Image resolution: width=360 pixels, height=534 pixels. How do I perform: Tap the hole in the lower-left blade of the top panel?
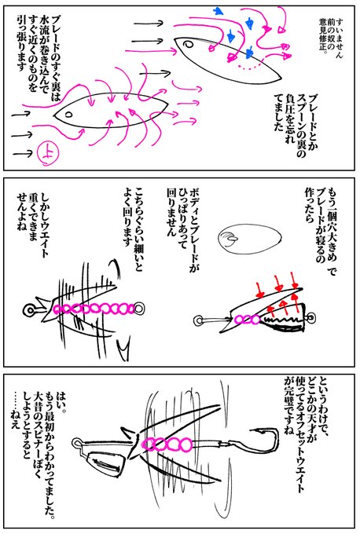click(x=60, y=112)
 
